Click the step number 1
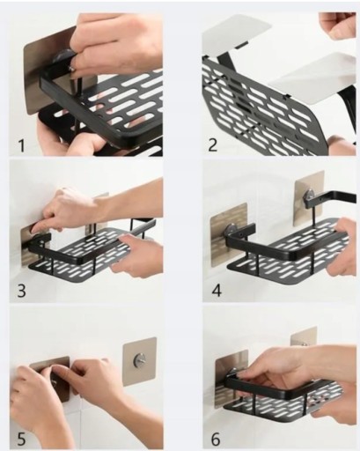point(21,146)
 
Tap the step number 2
point(213,144)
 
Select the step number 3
point(21,291)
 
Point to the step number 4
point(217,290)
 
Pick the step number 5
point(21,440)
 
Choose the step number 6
point(216,440)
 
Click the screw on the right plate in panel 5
point(137,360)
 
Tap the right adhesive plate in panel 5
point(139,361)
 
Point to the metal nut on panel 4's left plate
point(231,228)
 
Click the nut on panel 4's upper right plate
point(310,196)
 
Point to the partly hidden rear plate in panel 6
point(304,336)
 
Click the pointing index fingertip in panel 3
point(34,227)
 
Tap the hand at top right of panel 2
point(337,25)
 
